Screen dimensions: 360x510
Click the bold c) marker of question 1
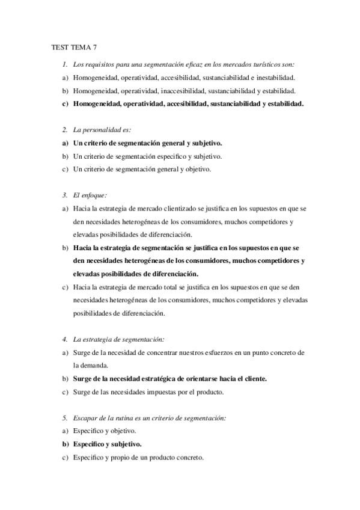coord(65,103)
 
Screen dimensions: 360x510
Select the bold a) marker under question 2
coord(65,143)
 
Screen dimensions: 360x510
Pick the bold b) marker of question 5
coord(65,444)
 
